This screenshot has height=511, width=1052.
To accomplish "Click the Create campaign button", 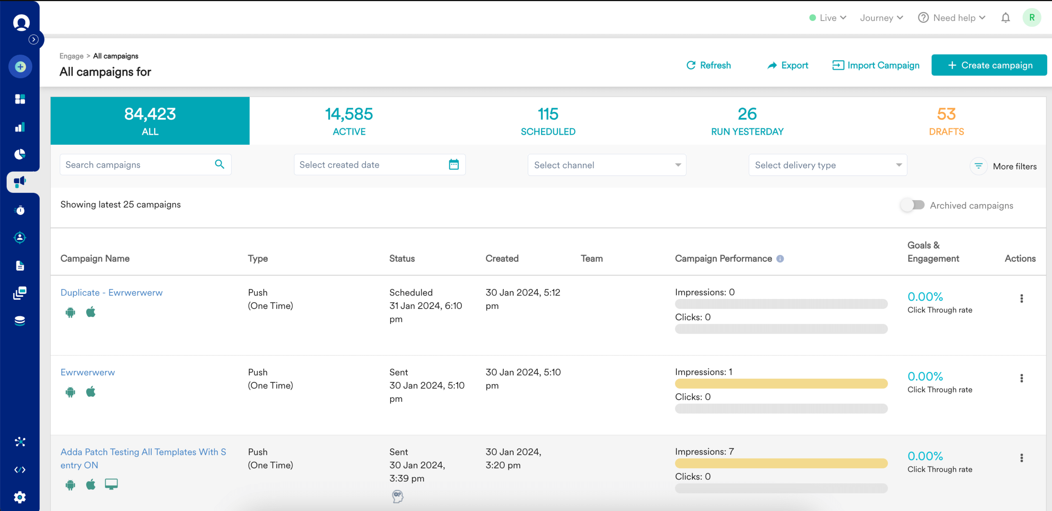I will click(989, 65).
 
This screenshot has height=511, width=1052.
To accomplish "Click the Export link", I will click(788, 65).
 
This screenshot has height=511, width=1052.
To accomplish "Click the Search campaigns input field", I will click(137, 165).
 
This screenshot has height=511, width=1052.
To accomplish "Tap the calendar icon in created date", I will click(454, 165).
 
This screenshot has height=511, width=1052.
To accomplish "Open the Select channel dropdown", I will click(607, 165).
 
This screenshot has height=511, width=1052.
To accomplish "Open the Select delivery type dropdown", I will click(827, 165).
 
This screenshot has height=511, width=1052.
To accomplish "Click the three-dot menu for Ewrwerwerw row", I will click(1021, 378).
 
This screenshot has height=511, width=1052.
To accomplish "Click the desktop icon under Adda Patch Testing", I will click(111, 484).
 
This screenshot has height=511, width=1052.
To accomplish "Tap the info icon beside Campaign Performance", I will click(780, 259).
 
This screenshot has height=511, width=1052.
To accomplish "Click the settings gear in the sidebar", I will click(20, 497).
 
